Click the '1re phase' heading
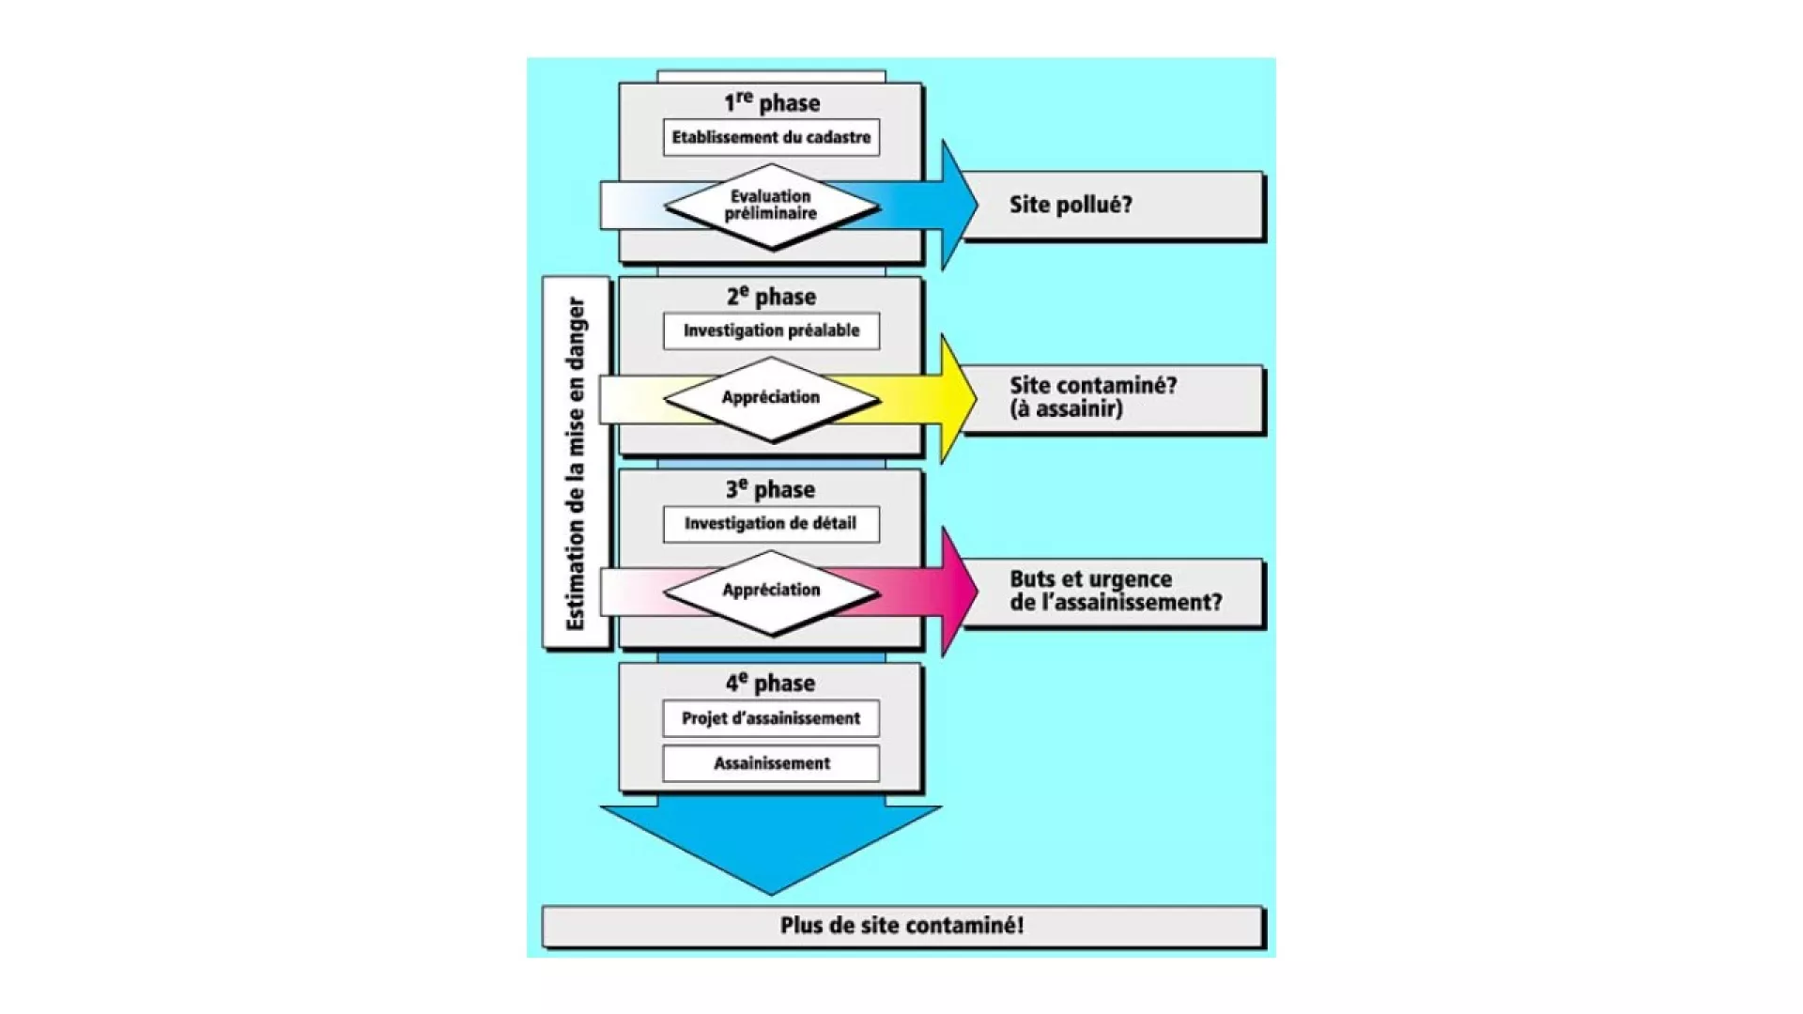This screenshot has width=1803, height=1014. tap(771, 102)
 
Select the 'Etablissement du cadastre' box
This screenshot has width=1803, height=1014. tap(771, 137)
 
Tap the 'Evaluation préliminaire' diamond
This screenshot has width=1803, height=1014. tap(771, 206)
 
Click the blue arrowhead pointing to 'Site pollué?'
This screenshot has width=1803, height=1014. tap(958, 205)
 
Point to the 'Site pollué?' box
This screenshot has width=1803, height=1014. tap(1113, 205)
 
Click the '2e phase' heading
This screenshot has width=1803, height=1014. tap(771, 297)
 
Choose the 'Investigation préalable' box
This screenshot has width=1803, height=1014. tap(771, 330)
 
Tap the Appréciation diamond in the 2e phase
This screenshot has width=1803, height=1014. tap(771, 398)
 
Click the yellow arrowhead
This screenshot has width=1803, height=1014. tap(958, 398)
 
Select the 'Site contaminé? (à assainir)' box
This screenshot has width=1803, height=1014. tap(1113, 398)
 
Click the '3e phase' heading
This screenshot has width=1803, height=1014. tap(771, 489)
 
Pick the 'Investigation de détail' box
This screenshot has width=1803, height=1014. tap(771, 524)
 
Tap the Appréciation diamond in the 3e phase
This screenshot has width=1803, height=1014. tap(771, 591)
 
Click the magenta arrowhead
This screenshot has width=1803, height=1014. tap(958, 591)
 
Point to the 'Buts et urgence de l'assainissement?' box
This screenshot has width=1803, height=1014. tap(1114, 591)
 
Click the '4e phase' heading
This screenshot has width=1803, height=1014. tap(771, 683)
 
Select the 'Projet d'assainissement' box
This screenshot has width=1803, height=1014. tap(771, 718)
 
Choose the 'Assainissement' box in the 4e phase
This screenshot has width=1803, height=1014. tap(771, 763)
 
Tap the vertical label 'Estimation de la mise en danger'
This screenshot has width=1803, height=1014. tap(576, 463)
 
